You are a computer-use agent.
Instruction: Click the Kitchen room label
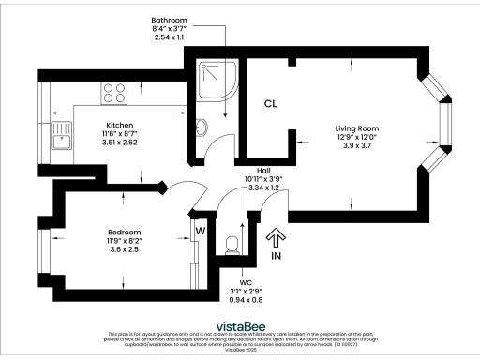120,125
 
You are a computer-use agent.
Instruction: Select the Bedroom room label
124,232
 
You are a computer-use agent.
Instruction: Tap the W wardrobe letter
201,227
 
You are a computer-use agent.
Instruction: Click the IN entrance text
277,255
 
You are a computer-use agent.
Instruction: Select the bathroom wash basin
203,127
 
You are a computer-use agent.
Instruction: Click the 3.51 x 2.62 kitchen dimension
120,143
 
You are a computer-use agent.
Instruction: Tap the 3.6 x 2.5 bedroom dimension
124,250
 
